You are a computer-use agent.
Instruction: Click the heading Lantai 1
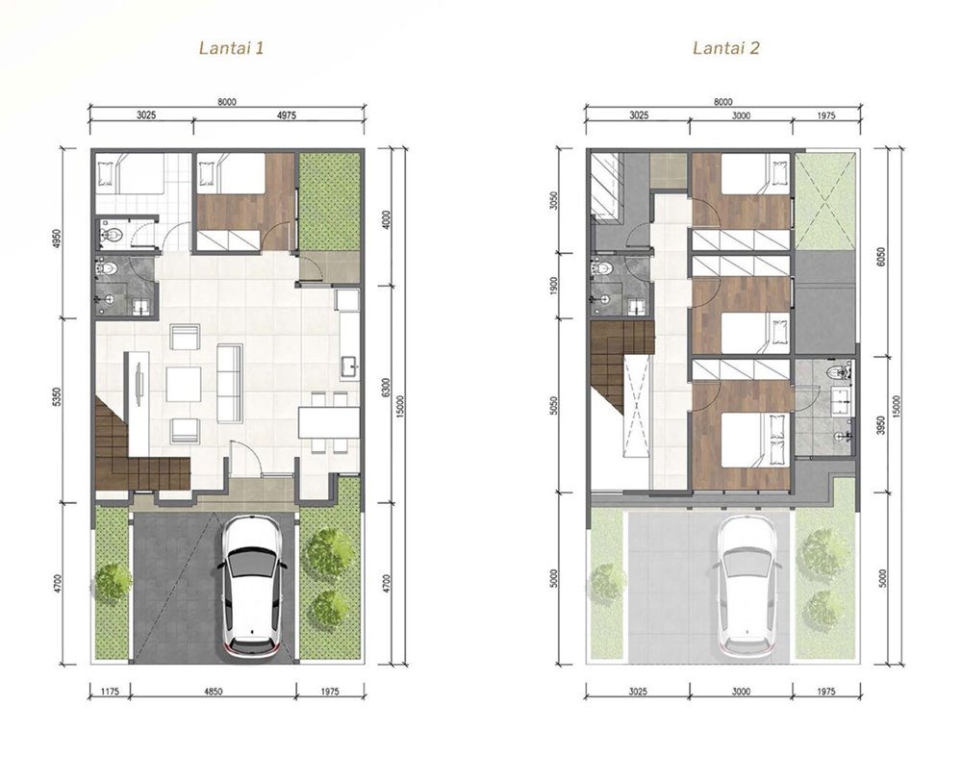(231, 48)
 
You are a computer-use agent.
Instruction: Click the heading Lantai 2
(725, 48)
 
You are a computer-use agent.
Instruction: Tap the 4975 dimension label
(286, 115)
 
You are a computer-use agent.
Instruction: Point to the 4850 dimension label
(213, 692)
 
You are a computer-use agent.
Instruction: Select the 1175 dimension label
(110, 692)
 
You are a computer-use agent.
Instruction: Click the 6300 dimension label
(386, 389)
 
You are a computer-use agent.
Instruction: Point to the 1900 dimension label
(554, 287)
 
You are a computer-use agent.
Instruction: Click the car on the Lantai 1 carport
(252, 588)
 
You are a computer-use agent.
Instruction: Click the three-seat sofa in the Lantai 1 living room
(230, 384)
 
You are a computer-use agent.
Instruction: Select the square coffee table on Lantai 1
(184, 385)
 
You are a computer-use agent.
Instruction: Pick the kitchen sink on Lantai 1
(350, 366)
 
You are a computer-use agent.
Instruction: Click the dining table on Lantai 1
(329, 422)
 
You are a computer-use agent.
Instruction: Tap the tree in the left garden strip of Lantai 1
(113, 581)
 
